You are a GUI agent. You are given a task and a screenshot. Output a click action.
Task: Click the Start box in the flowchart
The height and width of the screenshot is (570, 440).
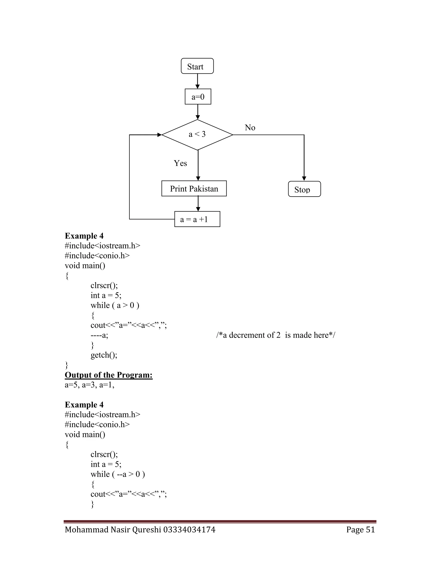coord(197,66)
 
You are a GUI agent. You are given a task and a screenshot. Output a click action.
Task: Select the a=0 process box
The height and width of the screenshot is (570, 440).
coord(198,97)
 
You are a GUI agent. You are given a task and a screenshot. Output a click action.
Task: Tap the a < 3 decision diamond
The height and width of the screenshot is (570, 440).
coord(197,135)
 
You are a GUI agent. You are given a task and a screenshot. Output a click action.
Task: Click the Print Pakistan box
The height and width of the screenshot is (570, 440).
coord(194,188)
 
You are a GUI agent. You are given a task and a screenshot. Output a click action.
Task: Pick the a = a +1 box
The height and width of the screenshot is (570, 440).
coord(197,219)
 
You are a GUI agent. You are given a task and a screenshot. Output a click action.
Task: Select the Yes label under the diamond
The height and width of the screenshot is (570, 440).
coord(180,163)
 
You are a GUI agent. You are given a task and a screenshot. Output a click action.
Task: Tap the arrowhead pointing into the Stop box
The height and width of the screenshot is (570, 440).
coord(304,179)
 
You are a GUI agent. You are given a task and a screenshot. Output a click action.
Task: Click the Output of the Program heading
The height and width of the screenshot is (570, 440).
coord(108,375)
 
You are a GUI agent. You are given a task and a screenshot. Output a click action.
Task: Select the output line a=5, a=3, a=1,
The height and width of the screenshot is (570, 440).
coord(90,385)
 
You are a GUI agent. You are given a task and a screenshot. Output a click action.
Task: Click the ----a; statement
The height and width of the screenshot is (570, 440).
coord(99,335)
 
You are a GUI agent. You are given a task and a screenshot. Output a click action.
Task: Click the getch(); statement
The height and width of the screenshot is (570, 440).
coord(104,355)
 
